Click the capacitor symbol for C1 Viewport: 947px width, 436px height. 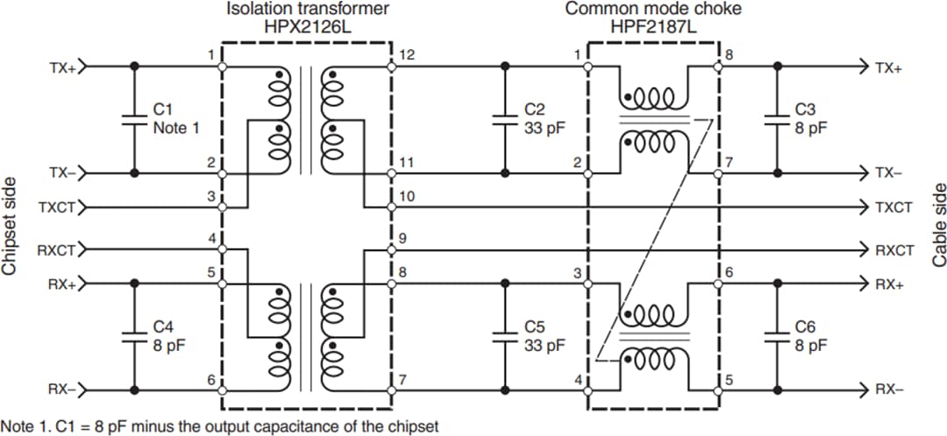tap(133, 119)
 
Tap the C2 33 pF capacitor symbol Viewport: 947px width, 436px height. tap(504, 119)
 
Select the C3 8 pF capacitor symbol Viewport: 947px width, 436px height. tap(776, 119)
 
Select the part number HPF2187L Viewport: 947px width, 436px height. tap(652, 27)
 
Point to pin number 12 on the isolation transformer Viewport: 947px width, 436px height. tap(405, 55)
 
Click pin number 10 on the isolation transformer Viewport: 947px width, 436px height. tap(406, 197)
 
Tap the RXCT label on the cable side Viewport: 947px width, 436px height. tap(894, 250)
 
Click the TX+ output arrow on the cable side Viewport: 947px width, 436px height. tap(863, 67)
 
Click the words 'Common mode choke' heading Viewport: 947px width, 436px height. tap(652, 10)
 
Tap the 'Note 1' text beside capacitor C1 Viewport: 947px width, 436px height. tap(176, 127)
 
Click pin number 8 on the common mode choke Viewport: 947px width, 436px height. tap(729, 55)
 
